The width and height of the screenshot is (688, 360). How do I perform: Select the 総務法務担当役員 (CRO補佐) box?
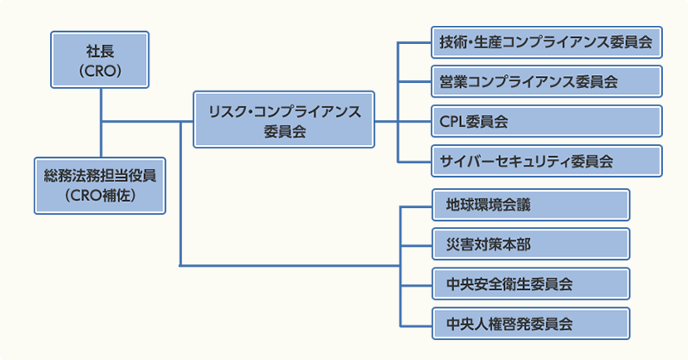click(100, 186)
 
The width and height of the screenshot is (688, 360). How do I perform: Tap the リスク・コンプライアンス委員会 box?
click(284, 119)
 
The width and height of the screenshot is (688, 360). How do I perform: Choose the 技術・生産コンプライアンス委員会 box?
click(546, 42)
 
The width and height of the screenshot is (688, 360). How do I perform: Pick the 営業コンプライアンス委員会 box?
click(546, 82)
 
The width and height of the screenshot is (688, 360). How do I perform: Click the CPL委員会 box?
click(546, 122)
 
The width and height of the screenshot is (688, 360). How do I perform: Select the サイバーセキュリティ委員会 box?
click(546, 161)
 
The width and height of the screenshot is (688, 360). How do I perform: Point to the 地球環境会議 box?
click(530, 205)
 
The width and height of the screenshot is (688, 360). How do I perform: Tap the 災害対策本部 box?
click(530, 244)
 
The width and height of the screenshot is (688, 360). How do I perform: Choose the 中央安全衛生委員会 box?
click(530, 284)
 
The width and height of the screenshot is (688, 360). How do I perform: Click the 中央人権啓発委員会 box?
click(530, 324)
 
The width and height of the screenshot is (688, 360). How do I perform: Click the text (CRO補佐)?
click(100, 195)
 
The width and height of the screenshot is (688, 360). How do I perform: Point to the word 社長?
click(100, 51)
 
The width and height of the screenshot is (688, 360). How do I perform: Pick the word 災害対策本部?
click(488, 244)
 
